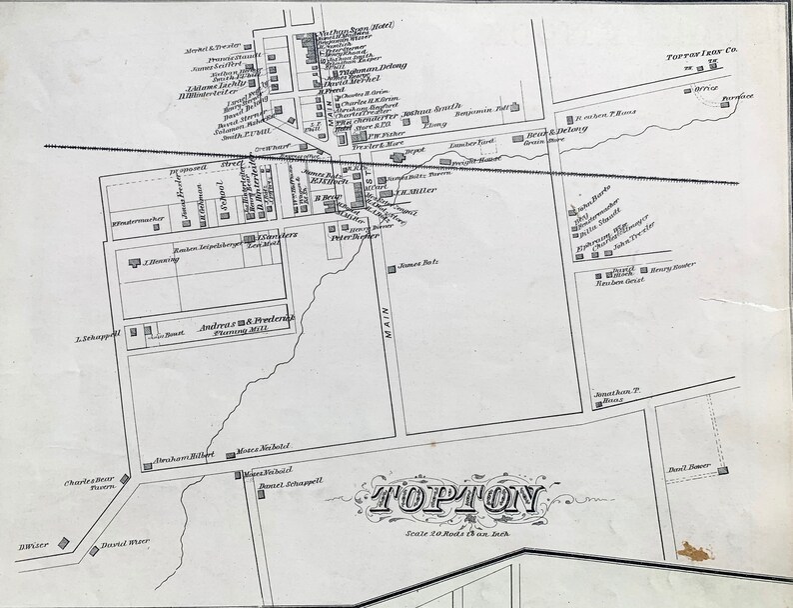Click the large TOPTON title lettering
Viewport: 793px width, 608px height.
click(x=455, y=499)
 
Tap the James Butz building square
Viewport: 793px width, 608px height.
click(x=391, y=267)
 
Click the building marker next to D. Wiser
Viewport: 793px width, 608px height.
click(x=62, y=543)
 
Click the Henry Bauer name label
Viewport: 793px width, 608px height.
click(x=671, y=269)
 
